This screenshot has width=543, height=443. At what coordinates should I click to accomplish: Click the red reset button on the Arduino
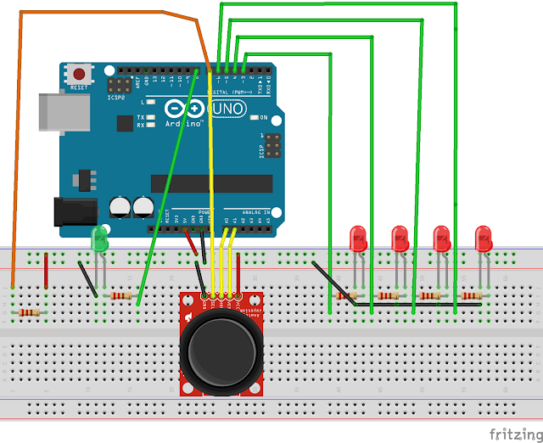[x=80, y=74]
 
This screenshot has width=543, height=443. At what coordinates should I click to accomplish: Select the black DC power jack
[x=73, y=210]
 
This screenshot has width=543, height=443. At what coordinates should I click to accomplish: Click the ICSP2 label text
[x=117, y=96]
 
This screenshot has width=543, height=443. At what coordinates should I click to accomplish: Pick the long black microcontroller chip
[x=211, y=183]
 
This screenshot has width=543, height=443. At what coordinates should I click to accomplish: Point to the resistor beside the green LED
[x=123, y=295]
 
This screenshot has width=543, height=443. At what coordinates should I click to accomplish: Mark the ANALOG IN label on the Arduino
[x=255, y=211]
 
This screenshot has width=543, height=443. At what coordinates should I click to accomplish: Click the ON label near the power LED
[x=265, y=117]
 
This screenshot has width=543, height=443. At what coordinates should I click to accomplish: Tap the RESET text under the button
[x=79, y=87]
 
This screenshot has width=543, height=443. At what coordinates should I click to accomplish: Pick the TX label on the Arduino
[x=151, y=117]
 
